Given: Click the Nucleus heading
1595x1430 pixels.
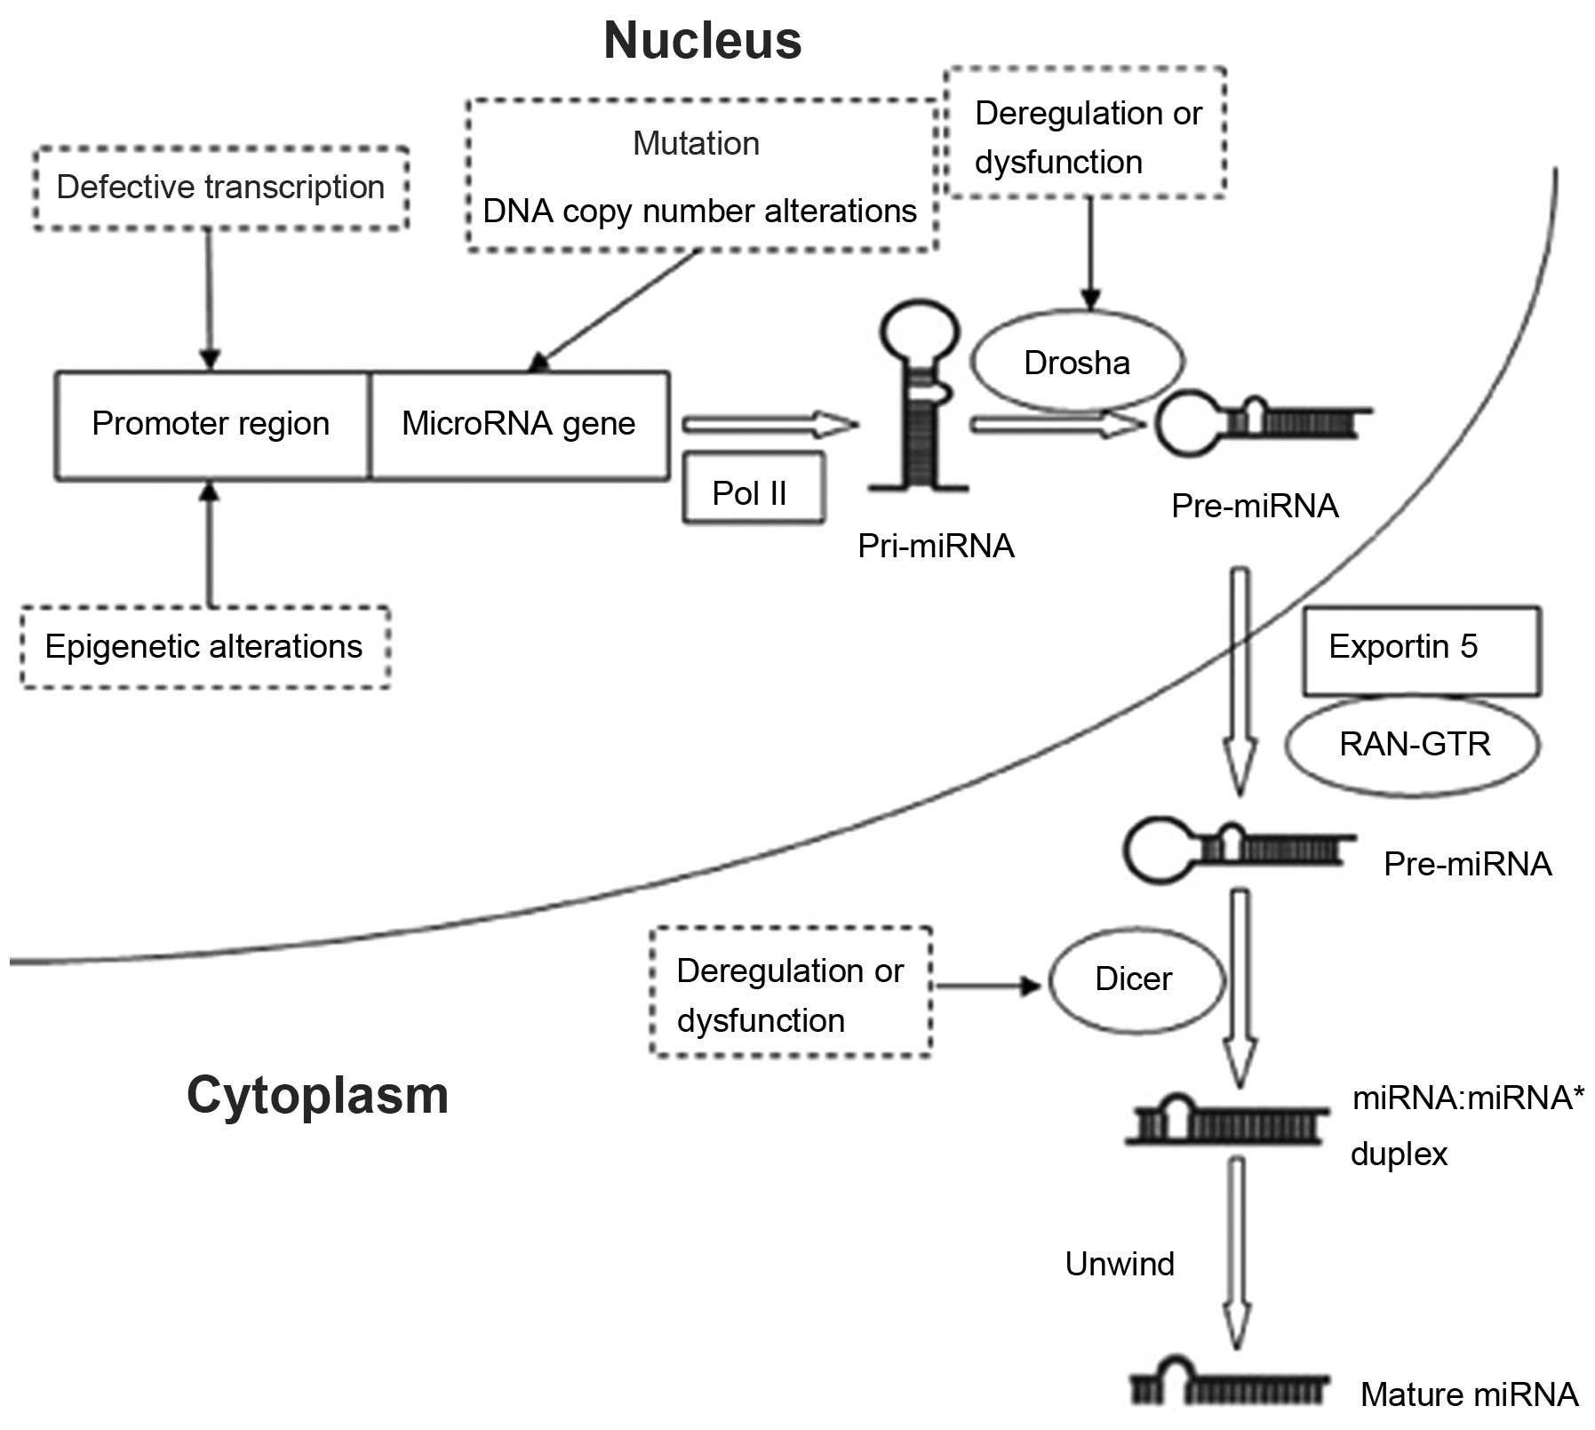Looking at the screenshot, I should (702, 41).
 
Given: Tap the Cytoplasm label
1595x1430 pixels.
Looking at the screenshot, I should (317, 1095).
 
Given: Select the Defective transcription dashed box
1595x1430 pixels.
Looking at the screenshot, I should (220, 188).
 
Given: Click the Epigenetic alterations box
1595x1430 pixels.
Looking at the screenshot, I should (204, 647).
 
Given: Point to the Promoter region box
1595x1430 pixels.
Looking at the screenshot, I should (211, 425).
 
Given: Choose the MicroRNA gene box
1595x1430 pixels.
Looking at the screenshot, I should (519, 425).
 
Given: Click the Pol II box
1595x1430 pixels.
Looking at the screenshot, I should (752, 491).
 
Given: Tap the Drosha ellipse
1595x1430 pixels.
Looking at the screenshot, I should (1077, 363).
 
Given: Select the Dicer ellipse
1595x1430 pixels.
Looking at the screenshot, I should (1135, 979).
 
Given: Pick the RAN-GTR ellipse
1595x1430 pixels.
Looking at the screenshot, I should (1413, 743).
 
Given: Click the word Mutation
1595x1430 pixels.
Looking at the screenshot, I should (697, 144).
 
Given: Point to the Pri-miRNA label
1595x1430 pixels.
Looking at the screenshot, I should (936, 546).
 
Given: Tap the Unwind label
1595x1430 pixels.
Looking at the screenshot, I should (1120, 1264).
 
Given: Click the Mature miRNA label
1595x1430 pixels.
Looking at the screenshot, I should (1469, 1394).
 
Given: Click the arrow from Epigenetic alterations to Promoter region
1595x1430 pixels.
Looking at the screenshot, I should (210, 544).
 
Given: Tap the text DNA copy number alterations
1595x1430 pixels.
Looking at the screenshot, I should (699, 212).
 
